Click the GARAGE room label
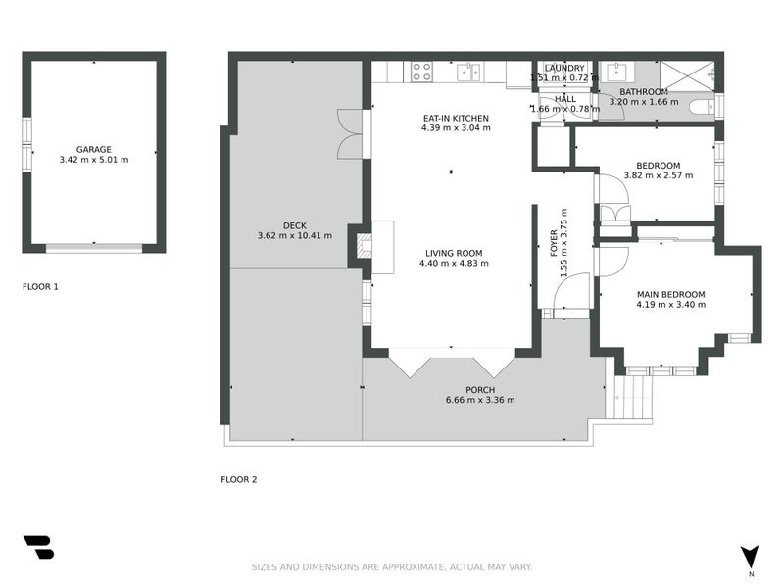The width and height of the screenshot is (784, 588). click(94, 150)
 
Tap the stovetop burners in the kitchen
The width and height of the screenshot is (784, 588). click(421, 72)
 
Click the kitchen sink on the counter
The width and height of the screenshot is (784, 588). click(469, 71)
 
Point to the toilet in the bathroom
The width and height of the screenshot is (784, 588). click(702, 105)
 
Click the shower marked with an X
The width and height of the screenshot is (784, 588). click(685, 74)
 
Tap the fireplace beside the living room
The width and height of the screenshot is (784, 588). click(362, 246)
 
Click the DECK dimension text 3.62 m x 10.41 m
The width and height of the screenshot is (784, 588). click(294, 235)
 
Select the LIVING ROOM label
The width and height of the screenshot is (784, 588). click(454, 253)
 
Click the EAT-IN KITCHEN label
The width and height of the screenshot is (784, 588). click(456, 118)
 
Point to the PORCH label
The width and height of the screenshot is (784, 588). click(479, 389)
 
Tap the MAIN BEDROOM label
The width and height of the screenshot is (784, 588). click(670, 294)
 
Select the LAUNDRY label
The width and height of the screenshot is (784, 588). click(564, 68)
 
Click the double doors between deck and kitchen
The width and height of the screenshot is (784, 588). click(350, 132)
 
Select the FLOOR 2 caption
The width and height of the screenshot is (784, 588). click(238, 479)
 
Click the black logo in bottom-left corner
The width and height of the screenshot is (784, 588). click(38, 547)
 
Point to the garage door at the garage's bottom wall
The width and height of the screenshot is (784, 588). click(93, 249)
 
